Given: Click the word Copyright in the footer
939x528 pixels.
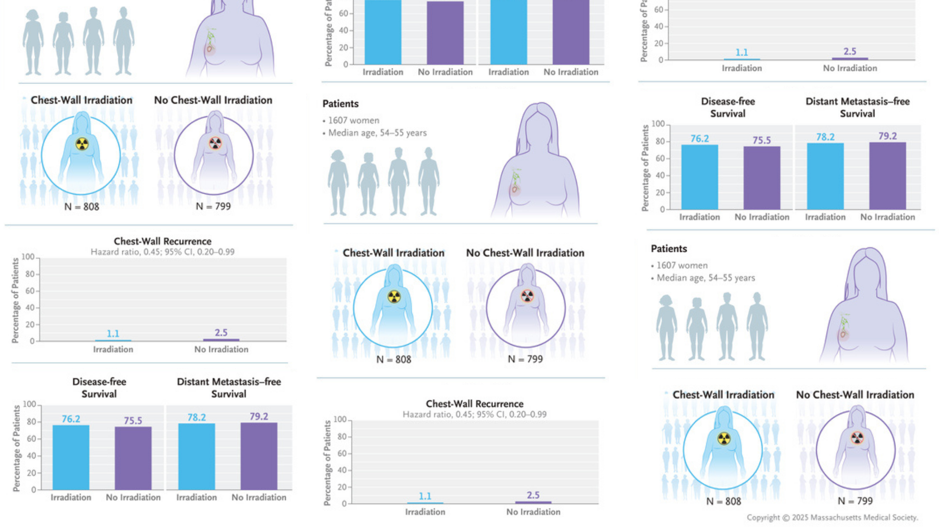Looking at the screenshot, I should [x=763, y=518].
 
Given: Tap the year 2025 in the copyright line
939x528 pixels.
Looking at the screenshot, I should [x=800, y=518].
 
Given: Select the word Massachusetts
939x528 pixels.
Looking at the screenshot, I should [x=837, y=518].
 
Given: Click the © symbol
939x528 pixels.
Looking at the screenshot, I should [x=785, y=518].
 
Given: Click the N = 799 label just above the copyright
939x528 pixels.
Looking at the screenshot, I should [x=855, y=501].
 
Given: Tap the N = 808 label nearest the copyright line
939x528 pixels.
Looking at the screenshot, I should [x=724, y=502].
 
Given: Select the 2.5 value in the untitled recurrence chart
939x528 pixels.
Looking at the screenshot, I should [x=850, y=51].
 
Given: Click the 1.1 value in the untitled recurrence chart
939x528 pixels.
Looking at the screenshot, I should [x=742, y=52].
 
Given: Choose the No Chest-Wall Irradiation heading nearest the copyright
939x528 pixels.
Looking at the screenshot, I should [x=855, y=395].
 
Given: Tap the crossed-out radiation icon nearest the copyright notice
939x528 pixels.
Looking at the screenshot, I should [x=857, y=438].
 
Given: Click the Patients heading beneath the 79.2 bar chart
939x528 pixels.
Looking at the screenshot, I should [x=669, y=249].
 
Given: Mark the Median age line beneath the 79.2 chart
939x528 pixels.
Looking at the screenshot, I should [x=706, y=278].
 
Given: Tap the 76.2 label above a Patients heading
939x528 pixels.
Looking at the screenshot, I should [x=699, y=139].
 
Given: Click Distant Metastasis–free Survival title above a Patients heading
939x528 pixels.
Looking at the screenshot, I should [x=857, y=108].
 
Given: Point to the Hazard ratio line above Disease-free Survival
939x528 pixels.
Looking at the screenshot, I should [x=162, y=252].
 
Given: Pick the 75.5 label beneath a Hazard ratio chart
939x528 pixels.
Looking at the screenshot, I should [x=133, y=421].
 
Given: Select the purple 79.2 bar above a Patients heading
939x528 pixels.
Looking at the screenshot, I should [x=887, y=176].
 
